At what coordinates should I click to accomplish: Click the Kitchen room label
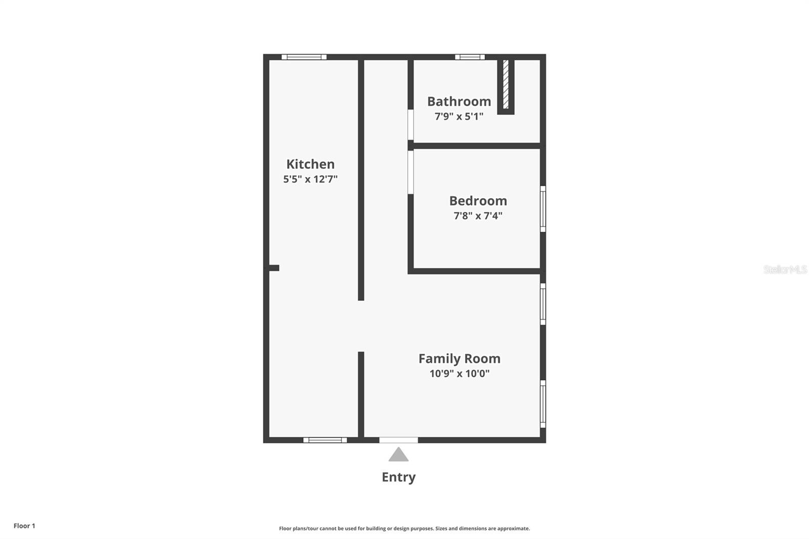[x=310, y=164]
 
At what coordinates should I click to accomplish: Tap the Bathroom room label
[x=459, y=102]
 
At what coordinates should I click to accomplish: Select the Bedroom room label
[x=478, y=201]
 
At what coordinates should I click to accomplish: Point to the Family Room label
[x=459, y=358]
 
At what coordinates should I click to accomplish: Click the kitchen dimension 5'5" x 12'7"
[x=310, y=179]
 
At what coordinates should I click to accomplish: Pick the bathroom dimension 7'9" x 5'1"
[x=459, y=116]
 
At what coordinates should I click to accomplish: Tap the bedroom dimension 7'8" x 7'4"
[x=478, y=216]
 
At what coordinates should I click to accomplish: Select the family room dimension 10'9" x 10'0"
[x=459, y=374]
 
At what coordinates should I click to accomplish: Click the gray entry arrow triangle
[x=398, y=455]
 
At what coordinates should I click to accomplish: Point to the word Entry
[x=398, y=477]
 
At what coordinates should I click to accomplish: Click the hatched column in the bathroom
[x=506, y=84]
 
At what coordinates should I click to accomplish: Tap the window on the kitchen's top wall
[x=304, y=57]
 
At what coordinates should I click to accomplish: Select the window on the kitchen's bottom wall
[x=325, y=440]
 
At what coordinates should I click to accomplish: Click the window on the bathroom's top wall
[x=470, y=57]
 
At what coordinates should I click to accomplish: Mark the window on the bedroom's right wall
[x=543, y=209]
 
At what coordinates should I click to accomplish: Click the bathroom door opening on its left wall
[x=411, y=124]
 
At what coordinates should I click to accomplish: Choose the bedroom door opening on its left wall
[x=411, y=172]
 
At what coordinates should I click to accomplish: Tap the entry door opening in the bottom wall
[x=398, y=440]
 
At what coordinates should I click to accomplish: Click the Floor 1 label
[x=24, y=526]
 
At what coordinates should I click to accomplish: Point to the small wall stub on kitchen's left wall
[x=274, y=268]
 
